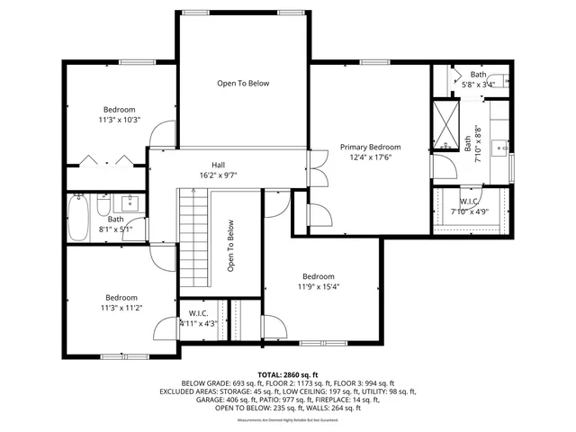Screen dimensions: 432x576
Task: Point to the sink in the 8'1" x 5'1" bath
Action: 130,201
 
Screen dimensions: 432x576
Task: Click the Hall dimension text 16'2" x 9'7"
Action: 218,175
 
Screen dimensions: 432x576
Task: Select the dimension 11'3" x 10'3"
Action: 119,120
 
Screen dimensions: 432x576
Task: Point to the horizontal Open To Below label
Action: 243,84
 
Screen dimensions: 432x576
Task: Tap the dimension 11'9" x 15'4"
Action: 319,287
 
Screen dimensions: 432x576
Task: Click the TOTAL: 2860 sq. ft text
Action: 287,373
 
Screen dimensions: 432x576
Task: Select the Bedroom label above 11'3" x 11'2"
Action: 121,297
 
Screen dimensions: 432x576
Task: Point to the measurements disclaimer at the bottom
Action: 287,420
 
